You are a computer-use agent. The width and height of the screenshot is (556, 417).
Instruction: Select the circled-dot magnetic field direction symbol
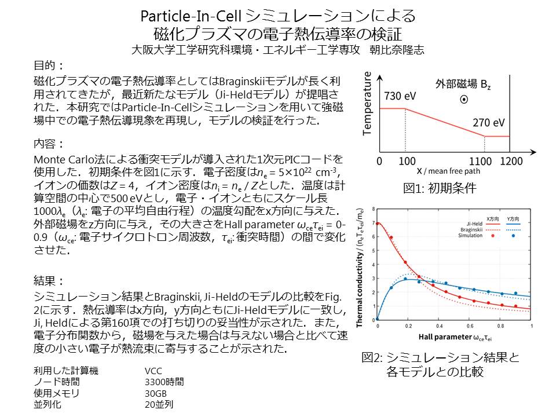[463, 100]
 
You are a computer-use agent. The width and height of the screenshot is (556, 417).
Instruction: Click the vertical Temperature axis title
[367, 108]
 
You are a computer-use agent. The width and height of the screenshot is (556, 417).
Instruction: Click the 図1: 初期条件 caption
[440, 188]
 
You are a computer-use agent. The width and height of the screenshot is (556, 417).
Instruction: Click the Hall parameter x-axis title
[453, 337]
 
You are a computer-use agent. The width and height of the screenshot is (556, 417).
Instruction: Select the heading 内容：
[49, 143]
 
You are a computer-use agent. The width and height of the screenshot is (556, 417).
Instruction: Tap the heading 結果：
[49, 281]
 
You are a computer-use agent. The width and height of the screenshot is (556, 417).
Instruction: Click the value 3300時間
[164, 382]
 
